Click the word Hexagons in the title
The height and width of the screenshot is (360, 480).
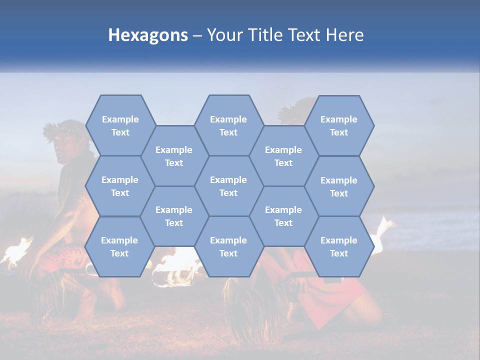point(148,35)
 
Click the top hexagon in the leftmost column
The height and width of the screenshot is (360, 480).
point(120,125)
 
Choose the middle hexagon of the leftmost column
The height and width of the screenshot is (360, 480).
point(120,186)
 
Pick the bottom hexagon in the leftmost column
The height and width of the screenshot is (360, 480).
point(119,246)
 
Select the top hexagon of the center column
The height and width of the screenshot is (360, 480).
point(228,125)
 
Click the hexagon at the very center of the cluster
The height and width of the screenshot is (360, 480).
point(228,186)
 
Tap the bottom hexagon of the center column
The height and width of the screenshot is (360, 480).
point(228,246)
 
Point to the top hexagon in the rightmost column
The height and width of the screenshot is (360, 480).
point(339,125)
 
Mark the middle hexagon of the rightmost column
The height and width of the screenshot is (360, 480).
point(339,186)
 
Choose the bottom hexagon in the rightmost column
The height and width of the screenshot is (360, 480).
point(339,246)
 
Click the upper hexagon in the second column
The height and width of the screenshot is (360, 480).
point(174,156)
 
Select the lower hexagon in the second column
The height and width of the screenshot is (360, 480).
point(174,216)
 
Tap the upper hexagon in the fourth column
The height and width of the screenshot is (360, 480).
point(283,156)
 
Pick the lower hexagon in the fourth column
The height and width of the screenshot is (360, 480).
point(283,216)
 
